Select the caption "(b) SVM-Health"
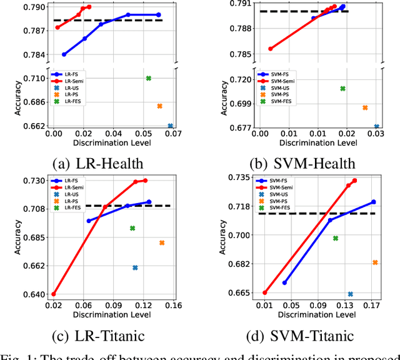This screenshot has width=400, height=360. click(304, 164)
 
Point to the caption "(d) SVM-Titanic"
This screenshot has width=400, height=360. click(304, 336)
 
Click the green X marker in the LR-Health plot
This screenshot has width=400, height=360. click(149, 78)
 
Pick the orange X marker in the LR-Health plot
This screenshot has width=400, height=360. click(159, 106)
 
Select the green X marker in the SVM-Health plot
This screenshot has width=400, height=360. click(342, 89)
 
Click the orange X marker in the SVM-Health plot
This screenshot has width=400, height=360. click(365, 107)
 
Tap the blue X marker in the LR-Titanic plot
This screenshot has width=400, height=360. click(135, 267)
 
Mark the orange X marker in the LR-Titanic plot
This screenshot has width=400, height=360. click(162, 242)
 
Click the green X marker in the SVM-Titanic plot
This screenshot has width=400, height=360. click(336, 238)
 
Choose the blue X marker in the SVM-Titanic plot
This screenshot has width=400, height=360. click(350, 294)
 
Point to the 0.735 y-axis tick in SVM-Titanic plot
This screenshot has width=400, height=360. click(238, 177)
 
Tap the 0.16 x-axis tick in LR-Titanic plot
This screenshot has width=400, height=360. click(173, 306)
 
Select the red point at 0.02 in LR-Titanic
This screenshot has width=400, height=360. click(54, 294)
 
